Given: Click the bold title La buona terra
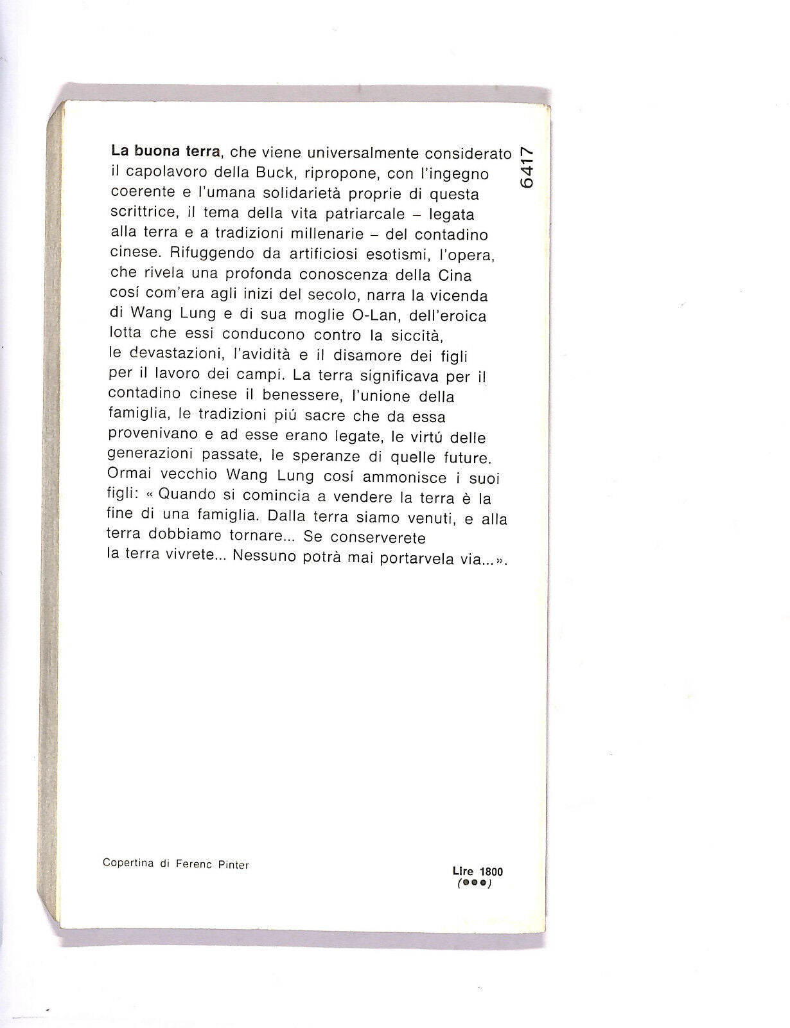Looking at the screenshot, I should pos(166,152).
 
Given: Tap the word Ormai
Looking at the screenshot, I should pos(129,477).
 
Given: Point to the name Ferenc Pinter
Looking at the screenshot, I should pos(213,865).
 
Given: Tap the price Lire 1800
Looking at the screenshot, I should pos(478,872).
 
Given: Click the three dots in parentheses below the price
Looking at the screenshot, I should pos(474,884).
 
